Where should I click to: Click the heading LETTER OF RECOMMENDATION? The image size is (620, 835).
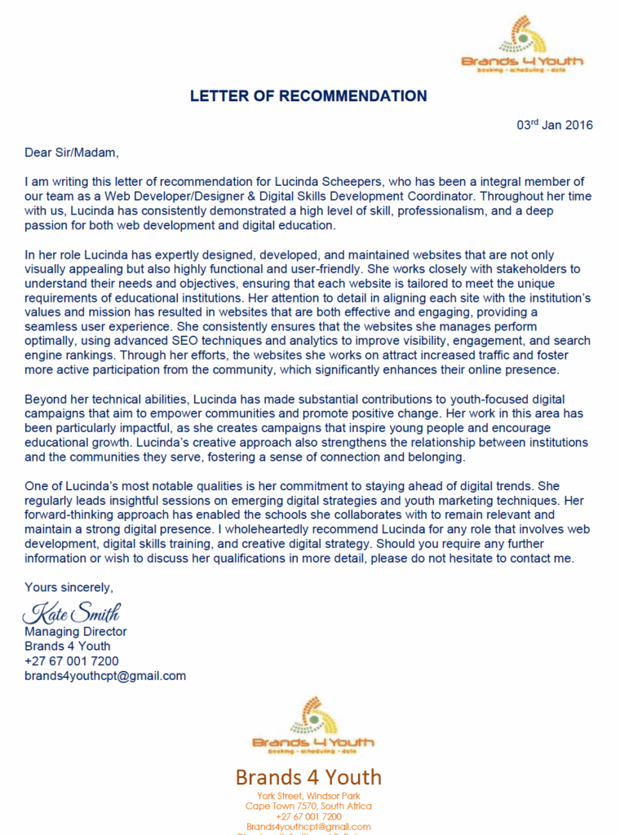308,96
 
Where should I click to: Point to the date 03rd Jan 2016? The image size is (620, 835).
555,126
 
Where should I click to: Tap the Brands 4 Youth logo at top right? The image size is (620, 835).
522,45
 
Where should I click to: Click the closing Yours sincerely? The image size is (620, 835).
69,587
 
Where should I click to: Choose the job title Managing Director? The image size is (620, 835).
76,632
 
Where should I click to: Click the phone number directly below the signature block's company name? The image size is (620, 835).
71,661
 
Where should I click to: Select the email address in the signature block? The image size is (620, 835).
105,676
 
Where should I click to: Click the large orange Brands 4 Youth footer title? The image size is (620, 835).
308,776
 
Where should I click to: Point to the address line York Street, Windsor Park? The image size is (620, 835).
308,796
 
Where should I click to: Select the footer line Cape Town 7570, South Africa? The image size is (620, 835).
308,806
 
